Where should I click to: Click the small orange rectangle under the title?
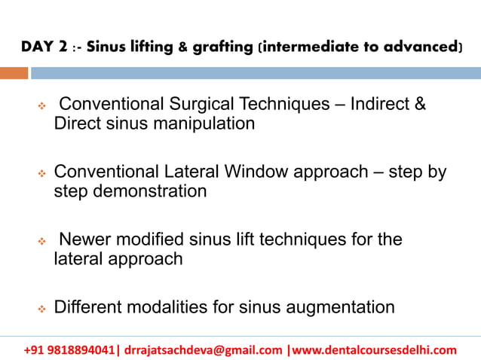coord(14,73)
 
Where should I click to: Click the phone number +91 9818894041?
coord(70,349)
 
